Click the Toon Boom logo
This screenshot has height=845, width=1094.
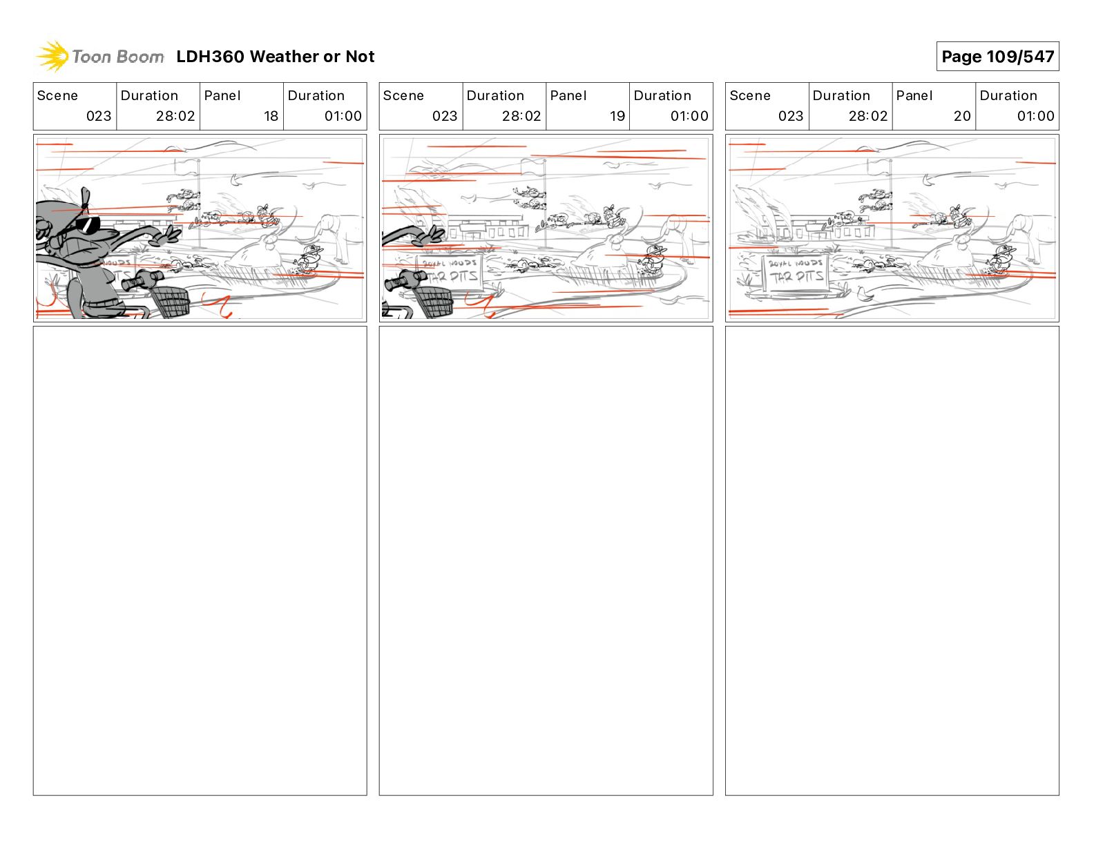99,57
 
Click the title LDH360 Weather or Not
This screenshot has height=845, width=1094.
275,57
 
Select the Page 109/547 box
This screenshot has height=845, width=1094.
997,57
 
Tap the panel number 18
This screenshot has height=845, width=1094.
271,116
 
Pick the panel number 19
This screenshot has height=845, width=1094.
617,116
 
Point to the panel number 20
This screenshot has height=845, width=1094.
962,116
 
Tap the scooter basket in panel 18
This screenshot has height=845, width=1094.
170,301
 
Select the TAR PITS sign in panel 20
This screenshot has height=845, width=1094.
796,274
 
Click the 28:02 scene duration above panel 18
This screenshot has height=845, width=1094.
175,116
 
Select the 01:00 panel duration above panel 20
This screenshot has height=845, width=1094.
1035,116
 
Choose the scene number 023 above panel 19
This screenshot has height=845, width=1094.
445,116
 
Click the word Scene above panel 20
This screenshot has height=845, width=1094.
749,95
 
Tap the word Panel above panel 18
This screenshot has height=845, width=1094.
222,95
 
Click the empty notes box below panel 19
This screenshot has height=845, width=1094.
546,560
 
